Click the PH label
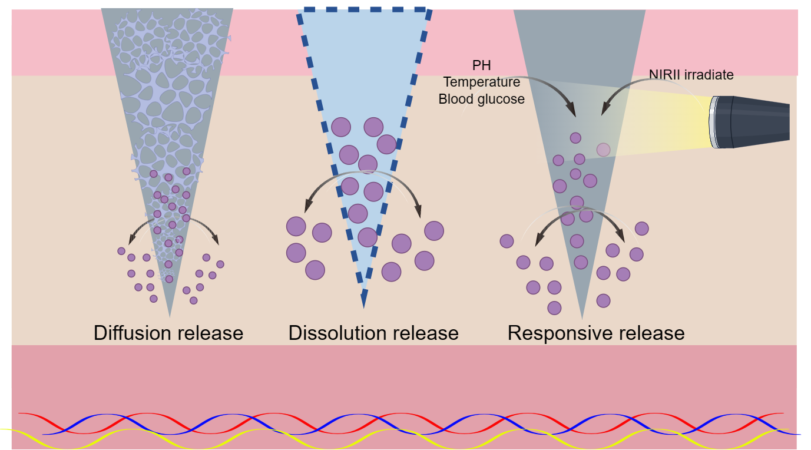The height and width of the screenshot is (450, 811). pos(481,65)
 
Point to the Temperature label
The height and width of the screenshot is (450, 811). pos(481,82)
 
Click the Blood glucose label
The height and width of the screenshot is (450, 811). pos(481,99)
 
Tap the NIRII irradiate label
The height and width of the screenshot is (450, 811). pos(691,75)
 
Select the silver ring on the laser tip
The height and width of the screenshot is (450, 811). pos(714,122)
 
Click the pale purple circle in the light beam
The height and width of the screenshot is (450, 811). pos(603,150)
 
